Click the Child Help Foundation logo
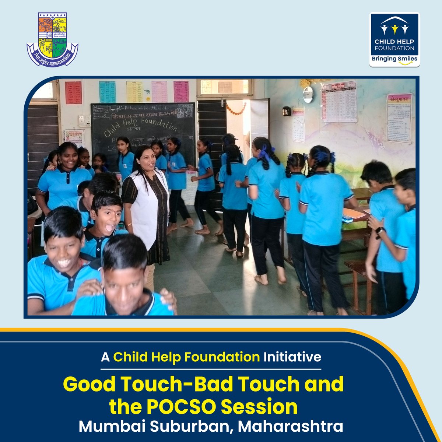coord(394,40)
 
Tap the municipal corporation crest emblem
coord(52,39)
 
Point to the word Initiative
coord(292,357)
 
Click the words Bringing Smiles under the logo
coord(394,59)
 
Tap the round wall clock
coord(308,95)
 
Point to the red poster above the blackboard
coord(73,92)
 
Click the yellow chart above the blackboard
coord(134,92)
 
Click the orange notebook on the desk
coord(354,213)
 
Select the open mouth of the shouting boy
coord(110,228)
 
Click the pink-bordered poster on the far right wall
coord(399,118)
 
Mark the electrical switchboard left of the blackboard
coord(84,120)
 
